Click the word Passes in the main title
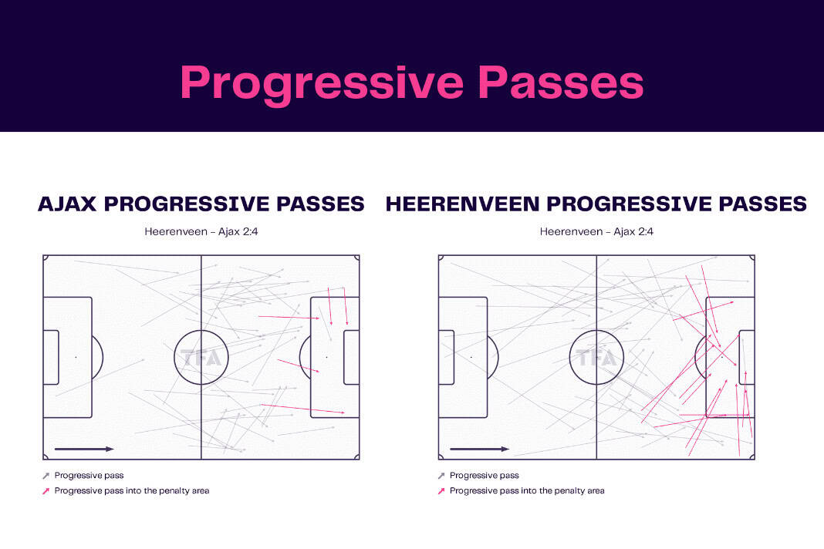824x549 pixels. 561,83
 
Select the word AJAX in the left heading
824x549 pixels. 67,204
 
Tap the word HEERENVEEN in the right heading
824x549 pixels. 462,204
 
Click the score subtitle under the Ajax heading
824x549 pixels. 201,231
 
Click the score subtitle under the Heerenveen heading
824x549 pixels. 596,231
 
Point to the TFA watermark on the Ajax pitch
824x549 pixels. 201,358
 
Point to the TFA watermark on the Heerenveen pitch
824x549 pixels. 596,358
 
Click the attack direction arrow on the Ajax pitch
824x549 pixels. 84,450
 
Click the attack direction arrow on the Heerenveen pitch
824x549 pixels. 479,450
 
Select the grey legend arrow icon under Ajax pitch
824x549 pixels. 46,476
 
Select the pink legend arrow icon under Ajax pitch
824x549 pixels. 46,491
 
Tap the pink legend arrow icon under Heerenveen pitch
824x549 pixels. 441,491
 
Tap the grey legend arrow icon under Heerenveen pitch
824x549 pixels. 441,476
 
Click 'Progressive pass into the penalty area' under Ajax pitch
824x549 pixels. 132,490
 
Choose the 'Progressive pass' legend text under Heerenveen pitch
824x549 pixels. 484,476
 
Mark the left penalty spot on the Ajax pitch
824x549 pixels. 76,357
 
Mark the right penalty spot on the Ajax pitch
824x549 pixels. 327,357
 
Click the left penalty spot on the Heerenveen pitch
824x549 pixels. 471,357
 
